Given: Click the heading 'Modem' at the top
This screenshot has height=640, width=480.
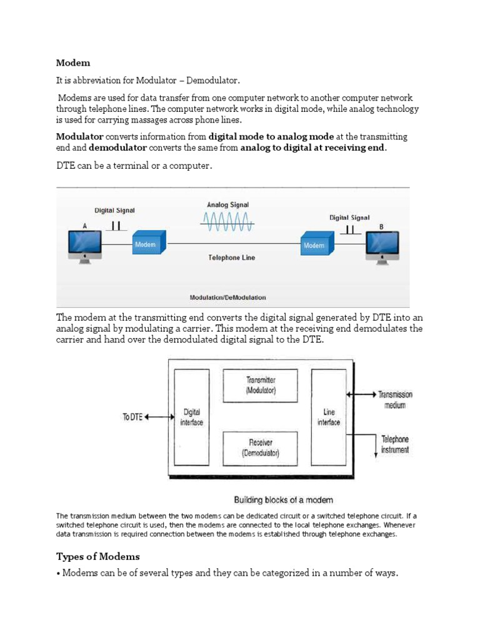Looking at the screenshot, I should coord(73,63).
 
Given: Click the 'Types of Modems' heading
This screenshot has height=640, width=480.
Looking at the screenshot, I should coord(98,556).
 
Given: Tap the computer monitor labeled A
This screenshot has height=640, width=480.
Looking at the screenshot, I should coord(84,242).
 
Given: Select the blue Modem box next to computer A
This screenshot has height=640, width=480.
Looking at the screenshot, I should coord(148,244).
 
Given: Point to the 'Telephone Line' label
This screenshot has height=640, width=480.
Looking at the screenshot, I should coord(231,257).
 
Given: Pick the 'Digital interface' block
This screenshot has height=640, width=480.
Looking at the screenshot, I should coord(191,417).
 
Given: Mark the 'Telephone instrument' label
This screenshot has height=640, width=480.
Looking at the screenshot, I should coord(395,444).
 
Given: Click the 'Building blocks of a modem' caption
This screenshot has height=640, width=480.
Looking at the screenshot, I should coord(283,499).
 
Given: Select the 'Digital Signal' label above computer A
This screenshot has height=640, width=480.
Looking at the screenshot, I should coord(114,211).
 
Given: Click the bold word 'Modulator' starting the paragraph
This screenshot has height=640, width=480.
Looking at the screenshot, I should coord(80,136).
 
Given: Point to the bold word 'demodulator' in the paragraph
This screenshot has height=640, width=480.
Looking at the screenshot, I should coord(117,147).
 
